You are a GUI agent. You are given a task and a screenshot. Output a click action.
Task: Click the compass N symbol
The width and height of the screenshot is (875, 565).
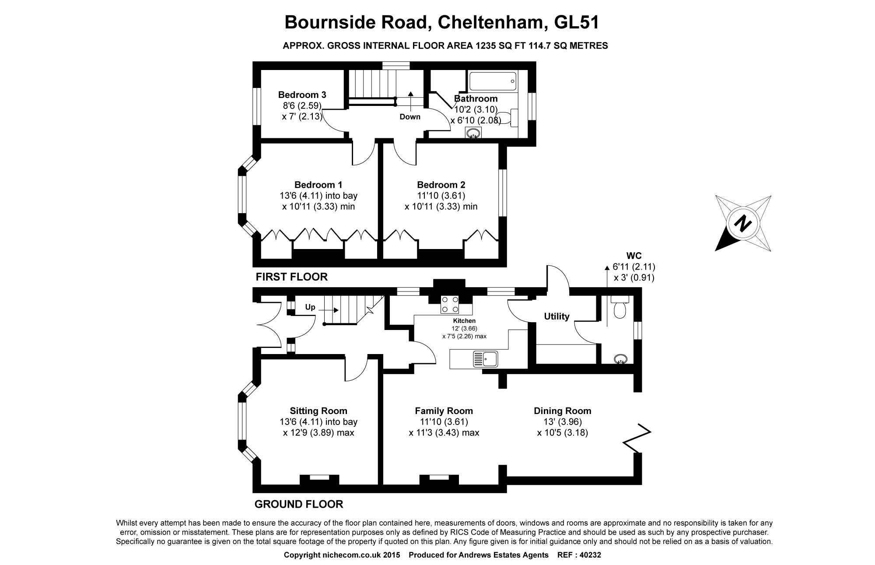coord(742,224)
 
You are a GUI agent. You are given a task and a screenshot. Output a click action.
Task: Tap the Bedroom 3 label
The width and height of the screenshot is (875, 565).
coord(302,95)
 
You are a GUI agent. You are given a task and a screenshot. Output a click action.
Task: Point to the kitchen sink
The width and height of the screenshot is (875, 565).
coord(485,359)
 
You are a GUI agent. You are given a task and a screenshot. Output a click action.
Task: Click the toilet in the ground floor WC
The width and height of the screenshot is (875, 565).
coord(620,307)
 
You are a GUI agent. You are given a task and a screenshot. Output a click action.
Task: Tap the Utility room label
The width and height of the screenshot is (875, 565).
coord(556,316)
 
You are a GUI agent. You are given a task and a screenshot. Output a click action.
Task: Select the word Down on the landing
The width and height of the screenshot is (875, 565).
coord(410,117)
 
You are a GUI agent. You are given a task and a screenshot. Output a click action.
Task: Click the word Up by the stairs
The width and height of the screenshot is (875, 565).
coord(310,307)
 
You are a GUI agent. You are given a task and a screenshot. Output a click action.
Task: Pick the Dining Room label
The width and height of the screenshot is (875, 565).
coord(562,411)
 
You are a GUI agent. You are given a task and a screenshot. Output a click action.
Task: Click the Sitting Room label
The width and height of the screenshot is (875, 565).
coord(318,411)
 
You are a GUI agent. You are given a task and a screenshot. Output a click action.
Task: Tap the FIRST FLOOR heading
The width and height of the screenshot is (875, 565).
coord(291,277)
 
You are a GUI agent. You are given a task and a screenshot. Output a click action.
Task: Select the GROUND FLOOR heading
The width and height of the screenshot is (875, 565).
coord(299,504)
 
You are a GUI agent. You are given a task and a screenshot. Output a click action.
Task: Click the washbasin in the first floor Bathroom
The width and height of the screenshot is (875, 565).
coord(473,133)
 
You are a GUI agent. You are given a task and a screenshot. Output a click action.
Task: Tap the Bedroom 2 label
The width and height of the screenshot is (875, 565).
coord(441,185)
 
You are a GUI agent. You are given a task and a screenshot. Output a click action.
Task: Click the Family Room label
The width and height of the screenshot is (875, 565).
coord(444,411)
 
